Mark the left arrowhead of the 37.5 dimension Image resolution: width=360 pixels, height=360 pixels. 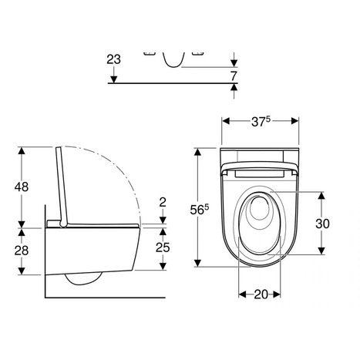click(x=225, y=120)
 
